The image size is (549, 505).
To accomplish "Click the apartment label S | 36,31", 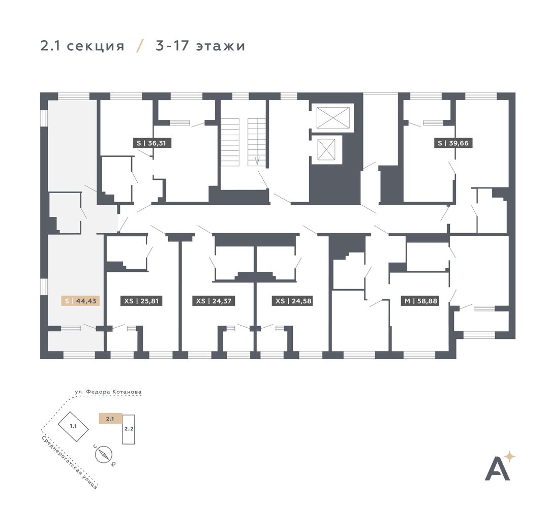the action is click(152, 143).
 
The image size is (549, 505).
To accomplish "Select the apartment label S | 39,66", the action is click(453, 143).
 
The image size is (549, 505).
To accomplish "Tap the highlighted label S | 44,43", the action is click(80, 301).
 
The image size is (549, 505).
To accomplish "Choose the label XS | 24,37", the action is click(213, 301).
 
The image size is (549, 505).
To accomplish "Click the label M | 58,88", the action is click(421, 301).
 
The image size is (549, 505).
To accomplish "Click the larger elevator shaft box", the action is click(333, 117).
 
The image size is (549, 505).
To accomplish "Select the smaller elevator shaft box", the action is click(326, 149).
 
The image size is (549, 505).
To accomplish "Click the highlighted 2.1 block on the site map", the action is click(110, 418).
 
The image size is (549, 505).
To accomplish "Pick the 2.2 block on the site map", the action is click(129, 429).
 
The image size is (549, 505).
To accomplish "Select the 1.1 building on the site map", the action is click(73, 426).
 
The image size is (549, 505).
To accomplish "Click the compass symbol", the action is click(104, 455).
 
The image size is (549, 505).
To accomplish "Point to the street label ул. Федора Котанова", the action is click(108, 392).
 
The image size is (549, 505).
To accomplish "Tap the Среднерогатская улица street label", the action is click(69, 462).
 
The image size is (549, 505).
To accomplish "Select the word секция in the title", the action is click(95, 46).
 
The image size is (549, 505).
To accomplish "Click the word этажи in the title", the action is click(220, 46).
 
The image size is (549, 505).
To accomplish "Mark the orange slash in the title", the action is click(140, 46).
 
